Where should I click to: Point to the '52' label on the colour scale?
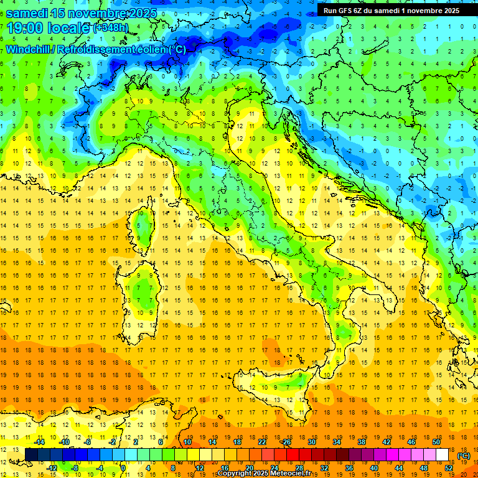(449, 468)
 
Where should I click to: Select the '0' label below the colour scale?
(124, 468)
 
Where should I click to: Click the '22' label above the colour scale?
(262, 441)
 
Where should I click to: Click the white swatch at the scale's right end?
(442, 454)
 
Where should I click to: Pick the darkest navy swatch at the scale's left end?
(31, 454)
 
